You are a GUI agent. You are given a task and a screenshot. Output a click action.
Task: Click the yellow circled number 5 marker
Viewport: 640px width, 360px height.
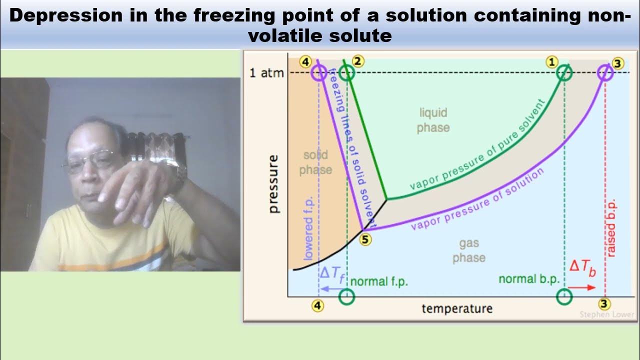[x=365, y=239]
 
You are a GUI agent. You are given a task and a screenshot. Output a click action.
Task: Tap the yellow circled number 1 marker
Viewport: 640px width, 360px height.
[x=551, y=61]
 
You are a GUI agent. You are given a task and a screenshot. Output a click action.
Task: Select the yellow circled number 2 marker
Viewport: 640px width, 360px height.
[x=358, y=61]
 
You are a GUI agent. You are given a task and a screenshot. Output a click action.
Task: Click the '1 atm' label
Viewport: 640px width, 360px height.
[x=266, y=73]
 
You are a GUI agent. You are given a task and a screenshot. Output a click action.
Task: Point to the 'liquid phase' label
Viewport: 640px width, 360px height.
[x=433, y=120]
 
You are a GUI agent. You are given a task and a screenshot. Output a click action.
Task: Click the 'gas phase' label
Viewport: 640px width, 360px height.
[x=469, y=250]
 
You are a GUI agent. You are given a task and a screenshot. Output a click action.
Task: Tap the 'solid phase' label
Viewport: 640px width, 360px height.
[x=315, y=162]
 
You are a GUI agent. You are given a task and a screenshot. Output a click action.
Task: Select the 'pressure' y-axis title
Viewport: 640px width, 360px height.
[x=274, y=184]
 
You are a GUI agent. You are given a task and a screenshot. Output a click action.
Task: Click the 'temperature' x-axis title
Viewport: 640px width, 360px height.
[x=457, y=308]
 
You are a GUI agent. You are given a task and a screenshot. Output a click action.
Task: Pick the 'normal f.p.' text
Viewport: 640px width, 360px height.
[x=379, y=281]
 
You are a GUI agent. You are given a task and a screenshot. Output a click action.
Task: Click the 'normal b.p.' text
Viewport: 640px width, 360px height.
[x=529, y=279]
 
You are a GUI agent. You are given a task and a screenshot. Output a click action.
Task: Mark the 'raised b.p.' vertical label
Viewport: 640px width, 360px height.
[x=611, y=228]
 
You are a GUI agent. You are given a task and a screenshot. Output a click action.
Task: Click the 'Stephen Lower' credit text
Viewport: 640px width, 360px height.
[x=606, y=314]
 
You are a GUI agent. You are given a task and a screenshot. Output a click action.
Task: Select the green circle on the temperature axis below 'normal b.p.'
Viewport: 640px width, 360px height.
[x=564, y=297]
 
